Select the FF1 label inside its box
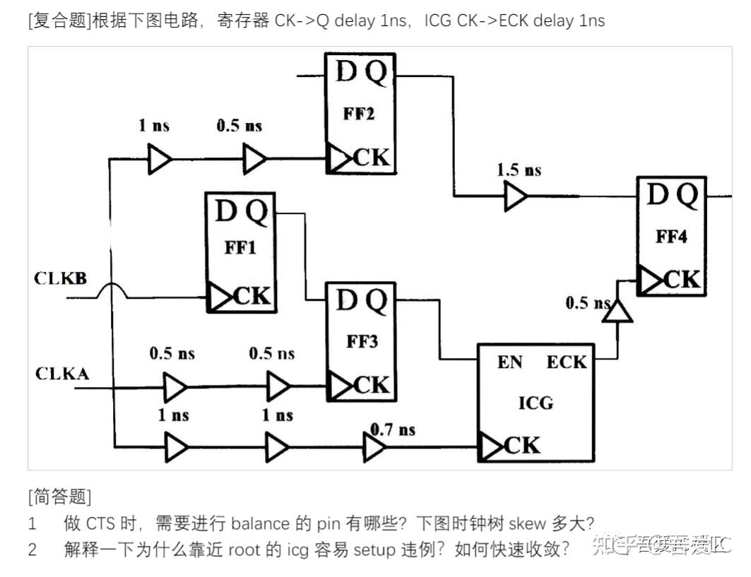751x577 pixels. (240, 249)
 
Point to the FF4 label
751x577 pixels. (671, 236)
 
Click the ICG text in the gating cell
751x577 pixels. (536, 403)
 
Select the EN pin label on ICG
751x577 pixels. (509, 362)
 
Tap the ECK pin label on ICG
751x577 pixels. (567, 362)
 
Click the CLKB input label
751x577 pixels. (60, 278)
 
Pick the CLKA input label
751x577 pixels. (62, 373)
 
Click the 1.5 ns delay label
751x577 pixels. (519, 170)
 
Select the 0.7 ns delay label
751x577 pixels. (394, 429)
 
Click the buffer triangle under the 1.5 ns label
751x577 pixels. (515, 196)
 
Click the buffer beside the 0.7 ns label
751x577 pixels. (374, 447)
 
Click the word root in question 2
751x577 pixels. (244, 549)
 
